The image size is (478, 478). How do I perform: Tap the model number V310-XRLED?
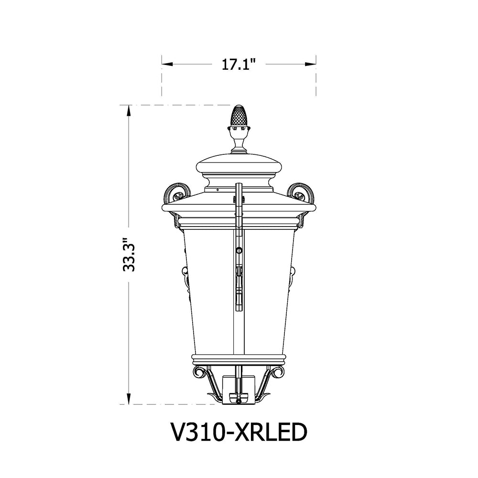click(x=239, y=433)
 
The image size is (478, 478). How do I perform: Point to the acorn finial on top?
click(x=239, y=116)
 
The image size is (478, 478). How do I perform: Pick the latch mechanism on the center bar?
click(x=239, y=284)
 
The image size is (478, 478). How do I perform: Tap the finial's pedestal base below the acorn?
click(x=239, y=144)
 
